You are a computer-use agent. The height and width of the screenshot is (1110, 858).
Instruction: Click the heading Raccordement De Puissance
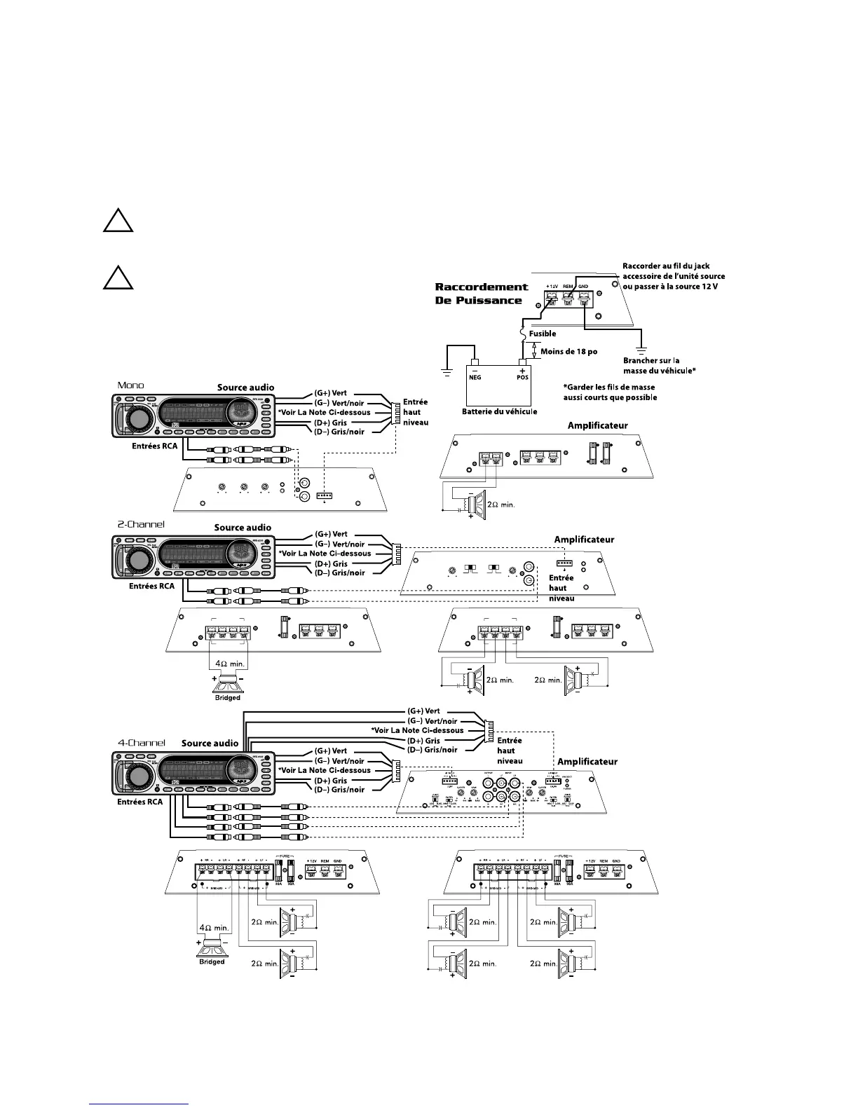pyautogui.click(x=482, y=294)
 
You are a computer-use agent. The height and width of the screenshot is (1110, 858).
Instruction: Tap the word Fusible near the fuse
pyautogui.click(x=543, y=334)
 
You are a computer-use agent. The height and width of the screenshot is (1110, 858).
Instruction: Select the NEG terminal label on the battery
pyautogui.click(x=475, y=376)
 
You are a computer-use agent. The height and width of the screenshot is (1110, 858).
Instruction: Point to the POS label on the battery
pyautogui.click(x=522, y=376)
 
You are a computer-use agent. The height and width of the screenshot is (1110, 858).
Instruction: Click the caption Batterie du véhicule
pyautogui.click(x=499, y=411)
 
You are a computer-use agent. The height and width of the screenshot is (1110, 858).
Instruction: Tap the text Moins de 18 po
pyautogui.click(x=569, y=351)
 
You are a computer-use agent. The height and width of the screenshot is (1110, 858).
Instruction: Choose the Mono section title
pyautogui.click(x=130, y=385)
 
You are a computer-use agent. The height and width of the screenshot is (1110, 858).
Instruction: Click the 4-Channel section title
pyautogui.click(x=141, y=742)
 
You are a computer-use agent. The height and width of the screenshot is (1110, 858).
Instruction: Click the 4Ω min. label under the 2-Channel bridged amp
pyautogui.click(x=227, y=663)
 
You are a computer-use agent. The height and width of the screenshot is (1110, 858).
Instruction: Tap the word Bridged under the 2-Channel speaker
pyautogui.click(x=227, y=697)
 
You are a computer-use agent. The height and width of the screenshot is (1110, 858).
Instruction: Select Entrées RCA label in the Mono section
pyautogui.click(x=155, y=446)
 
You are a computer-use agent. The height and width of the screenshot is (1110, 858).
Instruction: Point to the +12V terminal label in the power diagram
pyautogui.click(x=552, y=287)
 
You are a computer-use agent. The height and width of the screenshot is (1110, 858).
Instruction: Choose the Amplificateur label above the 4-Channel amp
pyautogui.click(x=587, y=762)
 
